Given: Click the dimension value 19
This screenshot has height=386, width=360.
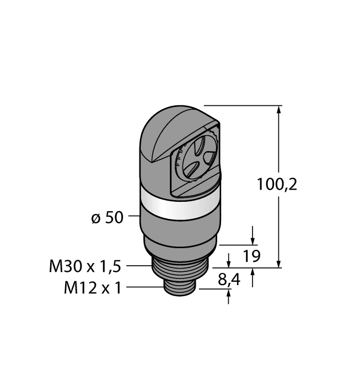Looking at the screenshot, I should tap(251, 256).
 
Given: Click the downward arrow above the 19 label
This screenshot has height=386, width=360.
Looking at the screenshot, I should tap(252, 239).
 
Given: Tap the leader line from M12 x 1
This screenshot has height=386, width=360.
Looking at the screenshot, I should tap(144, 287).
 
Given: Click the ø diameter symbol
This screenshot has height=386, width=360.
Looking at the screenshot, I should tap(95, 218).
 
